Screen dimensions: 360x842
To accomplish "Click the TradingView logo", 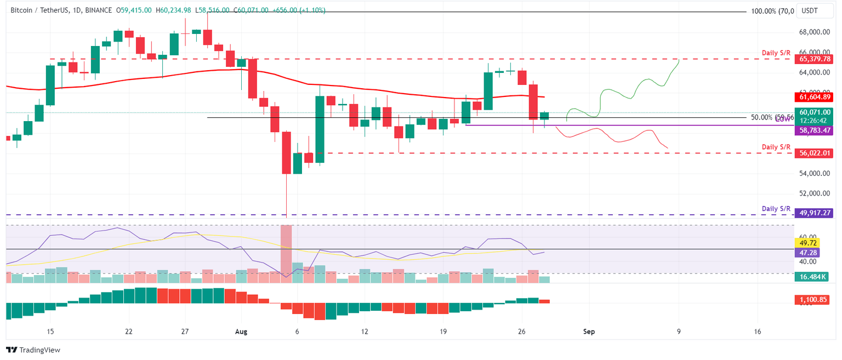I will coord(33,350).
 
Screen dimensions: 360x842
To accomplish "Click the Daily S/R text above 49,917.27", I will coord(776,209).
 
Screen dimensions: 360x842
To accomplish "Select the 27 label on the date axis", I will coord(185,332).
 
